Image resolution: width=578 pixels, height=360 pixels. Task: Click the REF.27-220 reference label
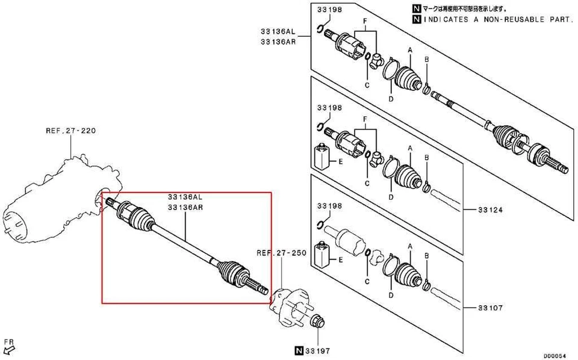pyautogui.click(x=70, y=130)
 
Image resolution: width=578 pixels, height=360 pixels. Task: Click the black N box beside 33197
pyautogui.click(x=298, y=350)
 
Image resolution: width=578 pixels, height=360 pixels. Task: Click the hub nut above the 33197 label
pyautogui.click(x=318, y=323)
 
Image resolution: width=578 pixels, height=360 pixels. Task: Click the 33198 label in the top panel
pyautogui.click(x=329, y=9)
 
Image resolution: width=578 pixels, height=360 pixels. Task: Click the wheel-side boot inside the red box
pyautogui.click(x=233, y=273)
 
